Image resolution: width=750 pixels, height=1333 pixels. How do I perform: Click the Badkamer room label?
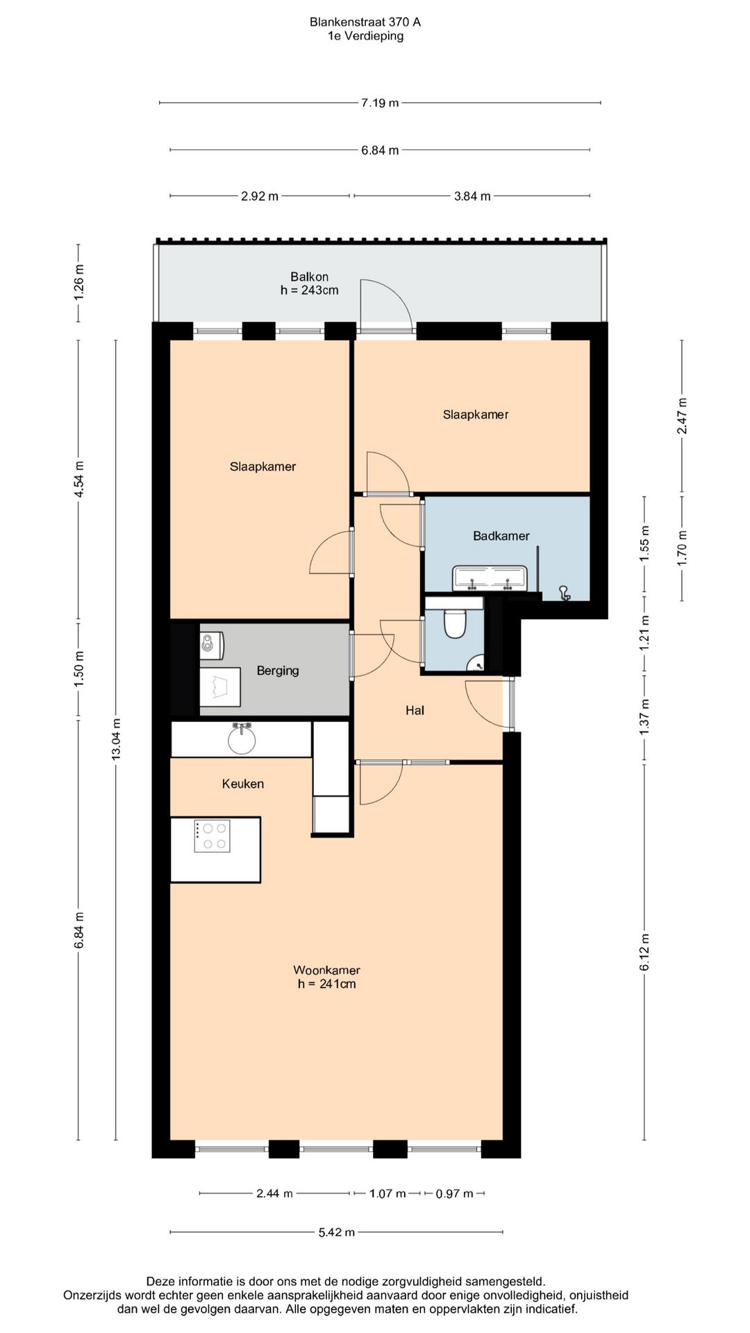click(501, 536)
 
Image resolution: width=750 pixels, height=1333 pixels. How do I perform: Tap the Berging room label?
click(278, 671)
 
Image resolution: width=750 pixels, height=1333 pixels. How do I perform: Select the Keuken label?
click(243, 784)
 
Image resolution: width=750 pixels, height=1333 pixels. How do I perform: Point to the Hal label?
click(415, 710)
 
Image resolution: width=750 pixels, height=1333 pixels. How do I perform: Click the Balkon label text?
click(310, 277)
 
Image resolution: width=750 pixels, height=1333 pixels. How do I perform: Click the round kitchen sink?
click(242, 739)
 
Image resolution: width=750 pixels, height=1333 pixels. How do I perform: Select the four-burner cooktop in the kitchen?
click(212, 836)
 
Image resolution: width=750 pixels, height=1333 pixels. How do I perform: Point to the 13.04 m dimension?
click(116, 739)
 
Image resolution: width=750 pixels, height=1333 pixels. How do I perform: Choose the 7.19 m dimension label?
click(380, 103)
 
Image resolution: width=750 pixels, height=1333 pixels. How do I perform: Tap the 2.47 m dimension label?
click(683, 416)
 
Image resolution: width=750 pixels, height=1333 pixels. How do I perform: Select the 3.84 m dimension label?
click(472, 196)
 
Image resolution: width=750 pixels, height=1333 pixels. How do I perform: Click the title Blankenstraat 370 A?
click(365, 22)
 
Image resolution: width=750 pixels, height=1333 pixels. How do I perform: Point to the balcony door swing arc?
click(397, 292)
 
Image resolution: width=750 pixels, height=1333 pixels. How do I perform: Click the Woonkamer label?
click(326, 971)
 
